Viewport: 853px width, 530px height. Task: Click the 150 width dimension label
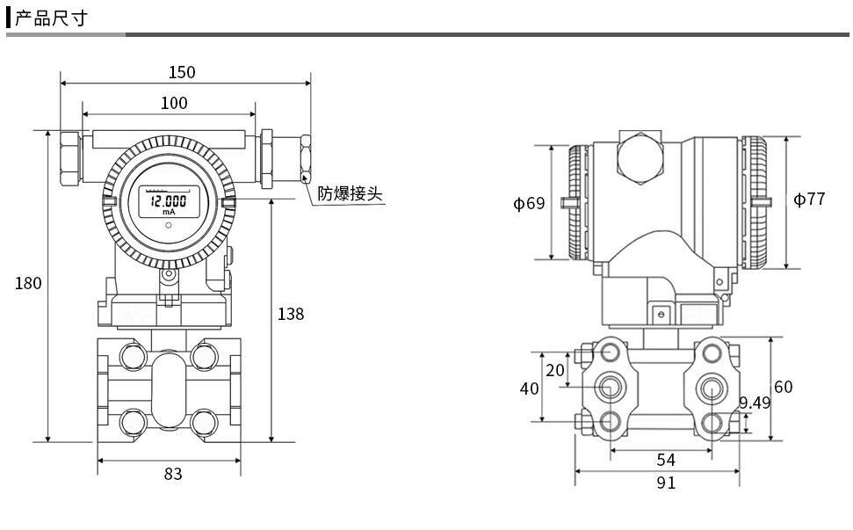(182, 72)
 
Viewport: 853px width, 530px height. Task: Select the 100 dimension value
(174, 103)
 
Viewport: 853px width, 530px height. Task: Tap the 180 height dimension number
(28, 283)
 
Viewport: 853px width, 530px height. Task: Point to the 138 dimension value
(291, 314)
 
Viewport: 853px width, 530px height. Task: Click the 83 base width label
(173, 474)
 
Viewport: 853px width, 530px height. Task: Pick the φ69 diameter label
(529, 204)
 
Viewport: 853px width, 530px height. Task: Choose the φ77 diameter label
(809, 200)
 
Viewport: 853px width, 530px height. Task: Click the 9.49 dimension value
(755, 403)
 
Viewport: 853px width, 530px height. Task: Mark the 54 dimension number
(666, 460)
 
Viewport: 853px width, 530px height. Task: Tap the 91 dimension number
(666, 483)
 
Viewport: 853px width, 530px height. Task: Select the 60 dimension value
(783, 387)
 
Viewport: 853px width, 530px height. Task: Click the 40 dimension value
(529, 388)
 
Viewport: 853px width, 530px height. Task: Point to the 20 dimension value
(554, 370)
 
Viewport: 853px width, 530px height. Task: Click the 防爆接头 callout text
(351, 193)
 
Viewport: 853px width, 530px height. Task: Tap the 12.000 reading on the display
(168, 200)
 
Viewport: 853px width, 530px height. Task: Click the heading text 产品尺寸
(50, 18)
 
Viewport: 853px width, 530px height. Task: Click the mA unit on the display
(168, 212)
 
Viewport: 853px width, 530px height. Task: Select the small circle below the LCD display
(168, 225)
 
